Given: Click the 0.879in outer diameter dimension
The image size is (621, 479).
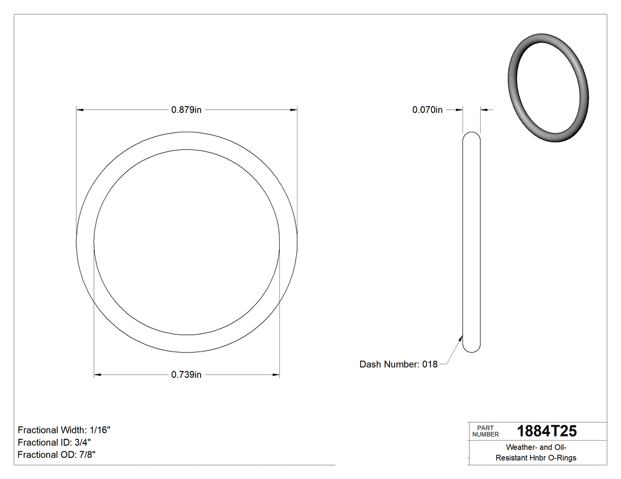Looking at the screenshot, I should tap(186, 109).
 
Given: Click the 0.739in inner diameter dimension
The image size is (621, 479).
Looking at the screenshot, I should tap(186, 374).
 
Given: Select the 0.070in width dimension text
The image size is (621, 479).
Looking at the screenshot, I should tap(427, 109).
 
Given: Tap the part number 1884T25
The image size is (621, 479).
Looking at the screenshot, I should tap(546, 431).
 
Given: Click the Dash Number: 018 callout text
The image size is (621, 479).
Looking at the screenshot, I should tap(398, 364).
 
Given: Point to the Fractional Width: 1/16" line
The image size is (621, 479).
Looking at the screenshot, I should tap(64, 430).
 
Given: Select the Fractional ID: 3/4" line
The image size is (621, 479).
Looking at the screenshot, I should tap(54, 442).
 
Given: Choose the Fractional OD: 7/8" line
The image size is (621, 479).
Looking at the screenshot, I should tap(56, 455).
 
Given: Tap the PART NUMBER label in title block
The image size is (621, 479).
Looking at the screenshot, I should tap(485, 431).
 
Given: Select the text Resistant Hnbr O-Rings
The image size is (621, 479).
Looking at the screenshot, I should tap(536, 458).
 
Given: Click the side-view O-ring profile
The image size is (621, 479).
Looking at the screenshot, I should tap(471, 242).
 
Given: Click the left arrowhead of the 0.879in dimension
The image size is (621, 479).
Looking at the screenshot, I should tap(80, 109).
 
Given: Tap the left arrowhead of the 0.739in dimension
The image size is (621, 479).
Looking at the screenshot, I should tap(98, 374).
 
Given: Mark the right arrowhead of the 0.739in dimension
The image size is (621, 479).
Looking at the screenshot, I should tap(276, 374).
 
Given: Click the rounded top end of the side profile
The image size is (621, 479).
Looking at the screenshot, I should tap(471, 135).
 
